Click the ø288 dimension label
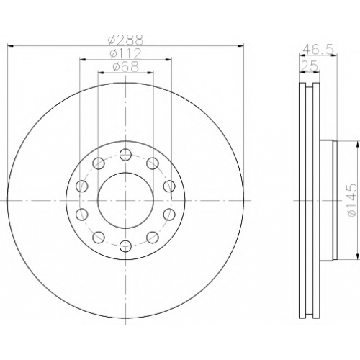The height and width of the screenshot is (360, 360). [125, 40]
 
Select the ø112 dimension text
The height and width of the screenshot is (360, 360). [125, 54]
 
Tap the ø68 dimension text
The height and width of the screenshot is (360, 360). [125, 67]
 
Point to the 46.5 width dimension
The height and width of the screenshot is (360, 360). [318, 50]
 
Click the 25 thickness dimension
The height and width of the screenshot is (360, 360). [310, 66]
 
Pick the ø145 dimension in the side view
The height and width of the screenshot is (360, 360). [352, 200]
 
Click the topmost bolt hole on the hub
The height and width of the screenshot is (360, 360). [125, 154]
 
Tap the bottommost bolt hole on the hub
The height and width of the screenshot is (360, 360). [125, 246]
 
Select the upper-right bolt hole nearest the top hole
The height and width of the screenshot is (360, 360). [153, 163]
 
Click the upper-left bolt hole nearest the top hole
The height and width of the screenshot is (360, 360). [99, 163]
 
